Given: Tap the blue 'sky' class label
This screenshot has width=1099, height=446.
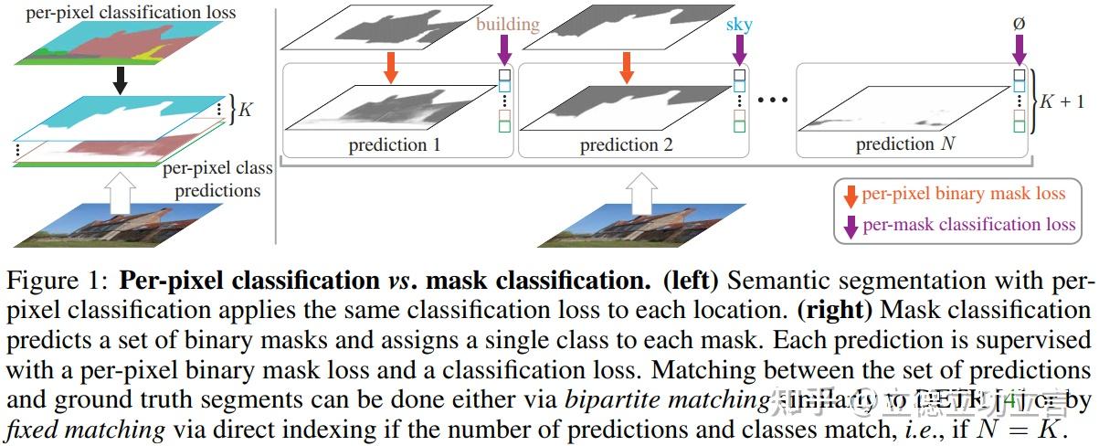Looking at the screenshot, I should coord(739,24).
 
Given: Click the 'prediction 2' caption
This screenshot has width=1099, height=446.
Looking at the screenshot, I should coord(626,144).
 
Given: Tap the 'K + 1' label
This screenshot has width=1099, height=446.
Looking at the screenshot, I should coord(1065,101).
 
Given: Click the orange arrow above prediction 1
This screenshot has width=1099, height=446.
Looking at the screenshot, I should coord(391,67).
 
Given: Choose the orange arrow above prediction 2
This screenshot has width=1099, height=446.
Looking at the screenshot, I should coord(626,67).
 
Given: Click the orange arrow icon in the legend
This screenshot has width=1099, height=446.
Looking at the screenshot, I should coord(851,196).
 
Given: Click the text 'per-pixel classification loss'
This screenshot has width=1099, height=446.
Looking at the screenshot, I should coord(118,12).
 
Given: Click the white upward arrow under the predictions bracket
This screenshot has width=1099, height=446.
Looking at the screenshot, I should coord(643,194).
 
